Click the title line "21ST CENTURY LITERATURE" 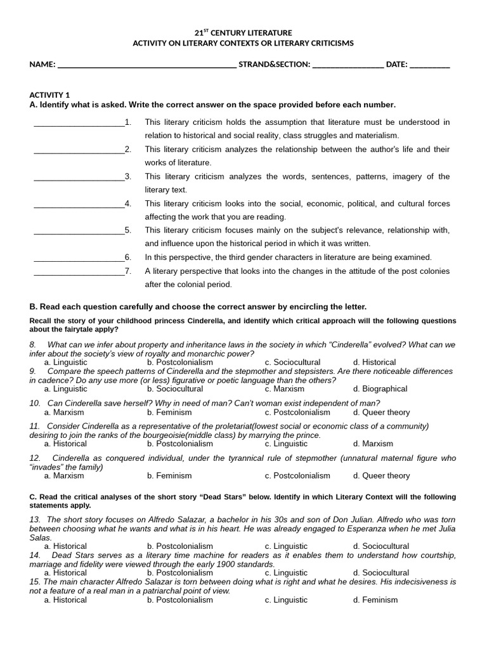tap(243, 32)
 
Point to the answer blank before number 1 tap(79, 123)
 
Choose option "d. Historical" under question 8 tap(375, 363)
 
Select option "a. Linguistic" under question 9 tap(66, 389)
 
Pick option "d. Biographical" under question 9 tap(380, 389)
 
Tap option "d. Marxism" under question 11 tap(373, 444)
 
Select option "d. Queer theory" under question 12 tap(382, 476)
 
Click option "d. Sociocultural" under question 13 tap(381, 546)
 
